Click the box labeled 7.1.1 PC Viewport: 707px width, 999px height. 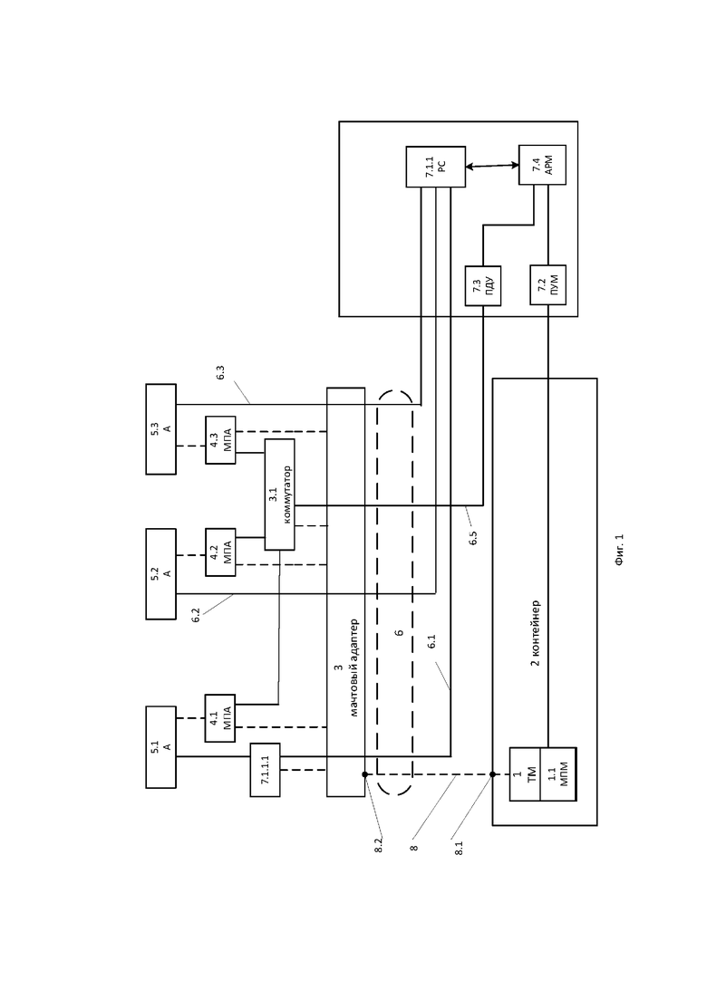click(x=435, y=167)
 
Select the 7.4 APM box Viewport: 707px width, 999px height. click(x=543, y=165)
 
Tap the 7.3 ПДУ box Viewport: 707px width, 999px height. click(x=482, y=286)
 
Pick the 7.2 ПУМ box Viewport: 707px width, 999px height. click(x=547, y=285)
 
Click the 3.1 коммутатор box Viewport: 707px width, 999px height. click(x=280, y=495)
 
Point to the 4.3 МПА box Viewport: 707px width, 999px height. click(x=220, y=440)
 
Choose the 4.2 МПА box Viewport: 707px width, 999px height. click(x=220, y=552)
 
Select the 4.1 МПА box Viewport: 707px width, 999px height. click(x=220, y=718)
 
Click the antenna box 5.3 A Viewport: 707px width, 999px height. click(x=161, y=428)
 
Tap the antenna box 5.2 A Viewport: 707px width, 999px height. click(x=161, y=574)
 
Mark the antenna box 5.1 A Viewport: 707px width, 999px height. click(x=161, y=747)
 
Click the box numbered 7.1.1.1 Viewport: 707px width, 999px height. click(x=266, y=770)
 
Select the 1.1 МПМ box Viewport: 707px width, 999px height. click(x=557, y=774)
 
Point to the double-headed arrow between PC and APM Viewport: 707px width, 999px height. click(x=492, y=167)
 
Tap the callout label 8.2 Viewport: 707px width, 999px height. click(x=378, y=845)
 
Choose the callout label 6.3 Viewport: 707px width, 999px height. click(x=220, y=373)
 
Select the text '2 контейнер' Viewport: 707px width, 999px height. click(x=536, y=633)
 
